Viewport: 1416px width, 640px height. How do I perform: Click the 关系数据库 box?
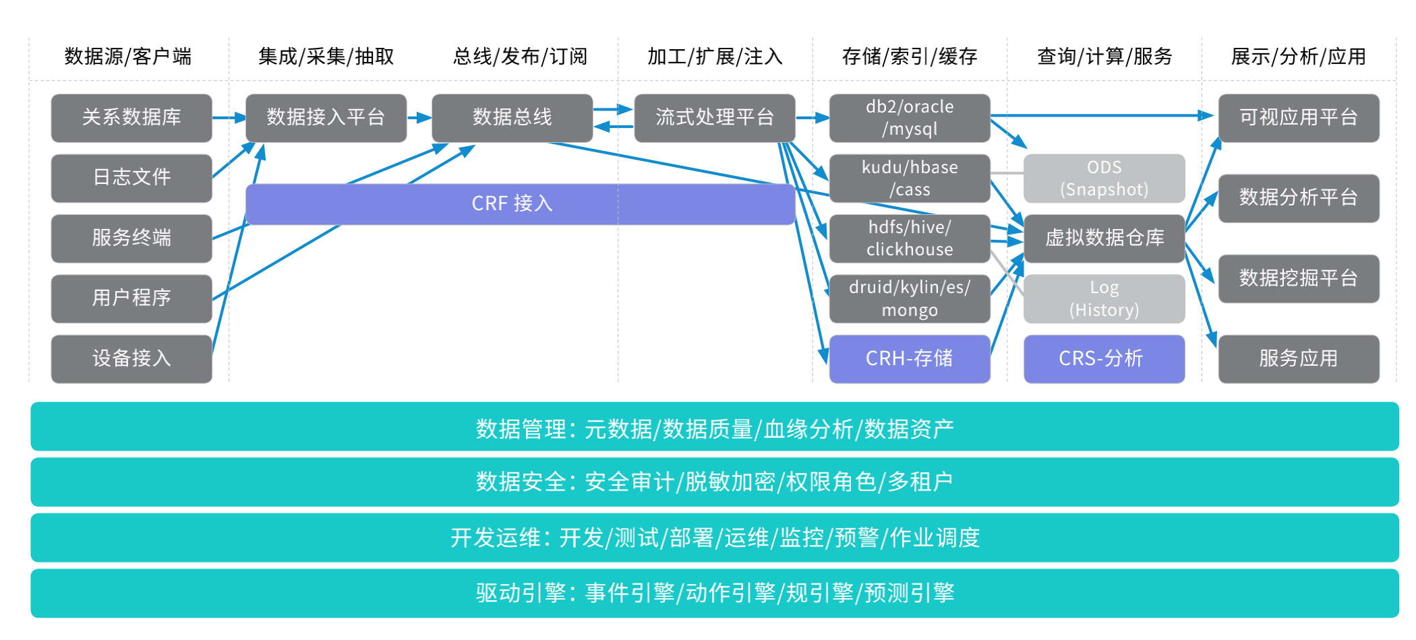coord(131,118)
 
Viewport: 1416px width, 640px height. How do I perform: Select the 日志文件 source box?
coord(131,178)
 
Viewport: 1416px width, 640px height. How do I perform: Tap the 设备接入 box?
coord(131,358)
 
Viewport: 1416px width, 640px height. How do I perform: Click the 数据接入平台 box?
coord(326,118)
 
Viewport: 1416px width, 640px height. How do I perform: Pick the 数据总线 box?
coord(512,118)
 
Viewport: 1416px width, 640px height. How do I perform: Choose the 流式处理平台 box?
coord(715,118)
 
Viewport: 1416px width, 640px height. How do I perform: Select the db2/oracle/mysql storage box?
coord(909,118)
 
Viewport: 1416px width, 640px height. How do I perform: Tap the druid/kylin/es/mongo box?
coord(909,298)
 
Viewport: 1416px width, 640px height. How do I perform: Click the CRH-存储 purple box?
coord(909,358)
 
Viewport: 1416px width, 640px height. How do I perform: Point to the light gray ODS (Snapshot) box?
coord(1104,178)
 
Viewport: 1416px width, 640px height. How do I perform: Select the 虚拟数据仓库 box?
coord(1104,238)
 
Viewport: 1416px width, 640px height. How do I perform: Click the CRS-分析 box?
coord(1104,358)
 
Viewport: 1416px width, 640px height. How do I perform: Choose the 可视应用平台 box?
coord(1298,118)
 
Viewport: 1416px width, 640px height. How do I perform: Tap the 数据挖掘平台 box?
coord(1298,278)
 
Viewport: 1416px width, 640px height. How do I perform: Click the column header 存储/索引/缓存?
coord(909,57)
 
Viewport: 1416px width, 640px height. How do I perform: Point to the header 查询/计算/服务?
coord(1104,57)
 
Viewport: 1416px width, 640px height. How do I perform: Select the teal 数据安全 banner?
coord(715,482)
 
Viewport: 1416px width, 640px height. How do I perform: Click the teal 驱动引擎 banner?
coord(715,593)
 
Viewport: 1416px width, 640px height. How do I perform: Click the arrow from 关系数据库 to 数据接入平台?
coord(229,118)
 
